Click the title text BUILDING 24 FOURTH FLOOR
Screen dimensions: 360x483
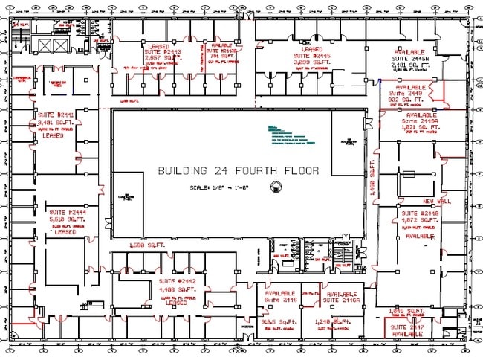238,170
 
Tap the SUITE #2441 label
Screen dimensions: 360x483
55,115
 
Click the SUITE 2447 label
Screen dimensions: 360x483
408,327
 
